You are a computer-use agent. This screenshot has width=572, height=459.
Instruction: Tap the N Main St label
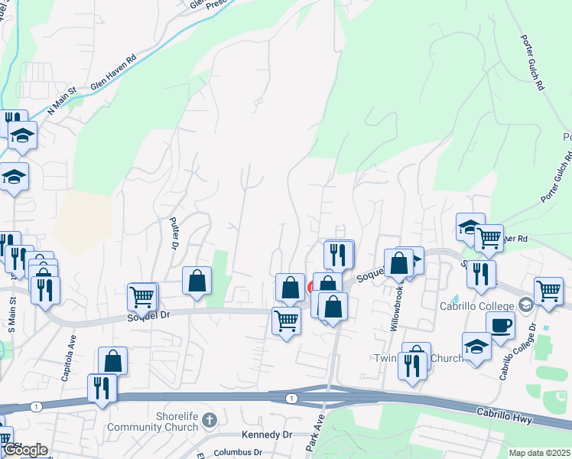click(63, 101)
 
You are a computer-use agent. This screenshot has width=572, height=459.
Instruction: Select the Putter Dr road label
click(173, 234)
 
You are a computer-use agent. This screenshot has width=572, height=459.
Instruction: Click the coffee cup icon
click(500, 325)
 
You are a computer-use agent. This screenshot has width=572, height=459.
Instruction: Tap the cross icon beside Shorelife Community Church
click(210, 419)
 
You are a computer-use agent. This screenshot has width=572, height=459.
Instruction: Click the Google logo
click(24, 450)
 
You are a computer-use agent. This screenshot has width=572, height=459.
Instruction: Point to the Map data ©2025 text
click(539, 453)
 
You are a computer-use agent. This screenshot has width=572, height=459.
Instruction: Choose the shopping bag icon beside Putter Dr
click(197, 280)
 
